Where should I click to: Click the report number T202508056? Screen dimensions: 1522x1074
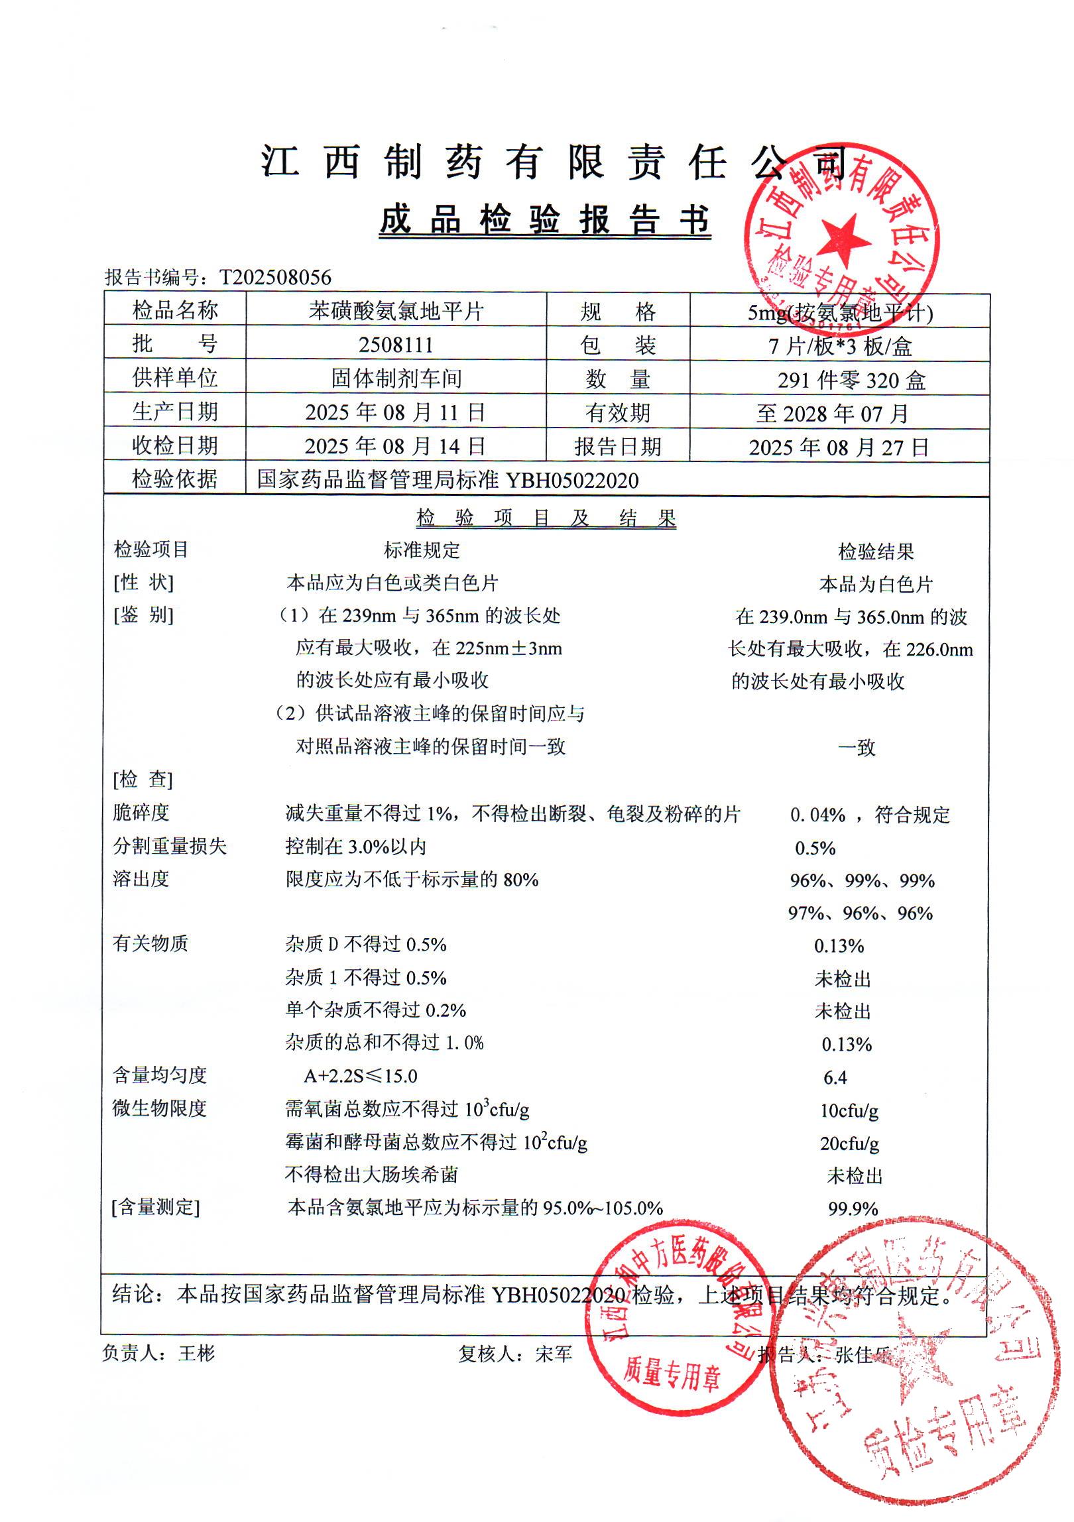275,277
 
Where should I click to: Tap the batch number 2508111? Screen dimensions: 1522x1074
396,345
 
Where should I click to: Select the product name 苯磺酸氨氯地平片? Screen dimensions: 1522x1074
396,311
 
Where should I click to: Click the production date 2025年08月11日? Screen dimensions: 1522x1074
396,412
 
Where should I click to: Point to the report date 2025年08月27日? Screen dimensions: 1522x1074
839,447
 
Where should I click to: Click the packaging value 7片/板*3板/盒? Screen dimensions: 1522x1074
840,346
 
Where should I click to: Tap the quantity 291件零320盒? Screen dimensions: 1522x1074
851,380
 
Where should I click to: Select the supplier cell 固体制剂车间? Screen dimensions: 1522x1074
396,379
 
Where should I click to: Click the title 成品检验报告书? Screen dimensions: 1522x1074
545,220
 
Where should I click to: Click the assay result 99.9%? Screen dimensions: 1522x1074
853,1208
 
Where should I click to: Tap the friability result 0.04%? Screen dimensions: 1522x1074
817,815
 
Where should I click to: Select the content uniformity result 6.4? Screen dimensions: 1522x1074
835,1077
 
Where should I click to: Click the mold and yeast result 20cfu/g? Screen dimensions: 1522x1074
849,1143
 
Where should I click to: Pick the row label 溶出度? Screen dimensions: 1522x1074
141,879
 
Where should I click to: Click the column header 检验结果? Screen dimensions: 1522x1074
876,551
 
